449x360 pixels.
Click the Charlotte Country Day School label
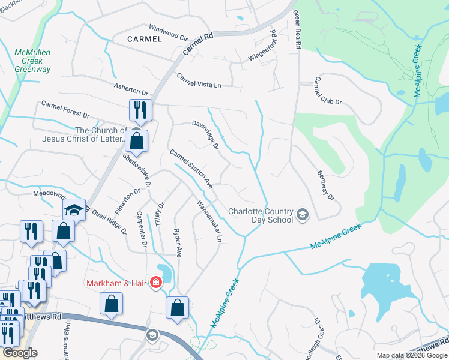tap(261, 215)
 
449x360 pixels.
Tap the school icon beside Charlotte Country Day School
tap(303, 214)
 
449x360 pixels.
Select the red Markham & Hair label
tap(117, 283)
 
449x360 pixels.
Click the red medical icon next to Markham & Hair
tap(156, 282)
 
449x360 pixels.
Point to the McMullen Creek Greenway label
tap(32, 61)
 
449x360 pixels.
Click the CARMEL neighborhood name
tap(145, 39)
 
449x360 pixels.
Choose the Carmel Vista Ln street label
tap(199, 80)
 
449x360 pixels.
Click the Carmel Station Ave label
tap(191, 169)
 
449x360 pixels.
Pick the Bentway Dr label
tap(325, 185)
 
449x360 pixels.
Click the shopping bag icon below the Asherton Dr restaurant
tap(137, 141)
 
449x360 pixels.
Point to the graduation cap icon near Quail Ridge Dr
tap(74, 209)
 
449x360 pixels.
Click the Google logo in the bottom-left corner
tap(20, 353)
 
